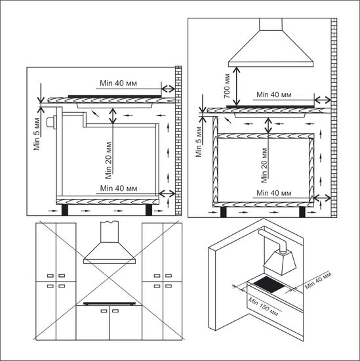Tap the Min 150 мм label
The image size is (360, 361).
[261, 305]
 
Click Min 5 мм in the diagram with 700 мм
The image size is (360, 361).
[199, 140]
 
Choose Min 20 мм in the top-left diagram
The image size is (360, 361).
[109, 161]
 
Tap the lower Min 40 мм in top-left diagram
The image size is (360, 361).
[121, 187]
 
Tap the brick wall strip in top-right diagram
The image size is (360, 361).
[334, 118]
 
